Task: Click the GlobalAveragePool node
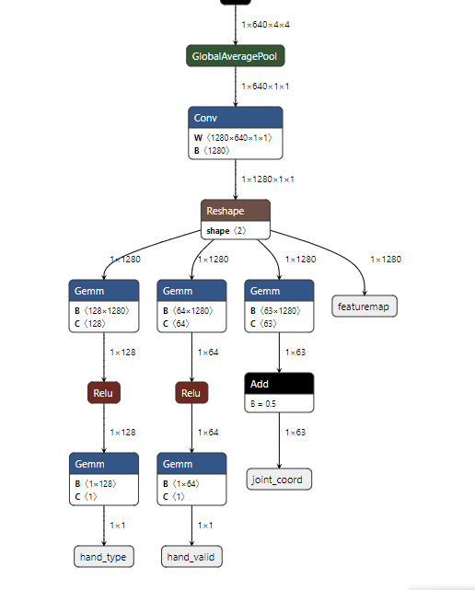[236, 56]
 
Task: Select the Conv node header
[236, 118]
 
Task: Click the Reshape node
[236, 211]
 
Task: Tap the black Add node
[279, 383]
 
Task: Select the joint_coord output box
[279, 480]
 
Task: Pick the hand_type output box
[104, 556]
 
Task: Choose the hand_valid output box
[192, 556]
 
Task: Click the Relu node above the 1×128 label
[104, 393]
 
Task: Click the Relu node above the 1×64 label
[191, 393]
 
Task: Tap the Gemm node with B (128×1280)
[104, 291]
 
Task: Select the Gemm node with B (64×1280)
[191, 291]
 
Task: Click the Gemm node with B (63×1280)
[279, 291]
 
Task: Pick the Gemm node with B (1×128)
[104, 463]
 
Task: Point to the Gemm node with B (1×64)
[191, 463]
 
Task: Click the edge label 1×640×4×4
[266, 25]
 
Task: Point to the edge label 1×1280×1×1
[268, 179]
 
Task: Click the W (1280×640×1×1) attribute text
[233, 137]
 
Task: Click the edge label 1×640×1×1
[266, 86]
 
